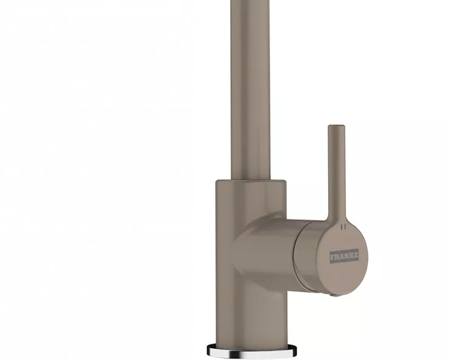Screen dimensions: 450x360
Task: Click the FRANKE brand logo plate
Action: (x=344, y=256)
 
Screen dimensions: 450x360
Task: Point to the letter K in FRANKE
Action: (x=351, y=256)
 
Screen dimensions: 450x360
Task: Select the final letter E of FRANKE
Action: (x=356, y=255)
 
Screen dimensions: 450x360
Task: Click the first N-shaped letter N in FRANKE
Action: (x=346, y=256)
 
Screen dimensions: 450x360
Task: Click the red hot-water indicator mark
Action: (x=346, y=227)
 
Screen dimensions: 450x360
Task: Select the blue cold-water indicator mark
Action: (x=341, y=227)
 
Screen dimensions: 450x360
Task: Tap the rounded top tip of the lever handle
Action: (x=336, y=126)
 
